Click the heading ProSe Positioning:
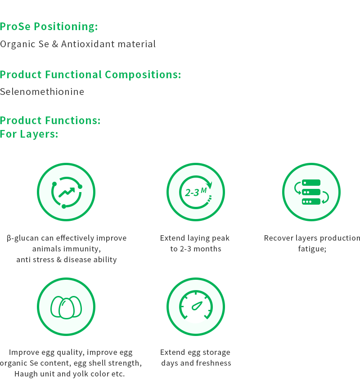coord(49,27)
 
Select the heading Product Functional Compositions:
coord(90,75)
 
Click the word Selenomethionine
coord(42,92)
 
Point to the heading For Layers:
coord(29,134)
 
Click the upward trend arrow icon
coord(67,192)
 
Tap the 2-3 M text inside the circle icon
coord(196,192)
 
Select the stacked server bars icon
coord(311,192)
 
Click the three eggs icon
coord(66,307)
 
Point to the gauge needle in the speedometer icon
coord(197,306)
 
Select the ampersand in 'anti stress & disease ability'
coord(59,260)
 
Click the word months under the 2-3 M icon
coord(207,249)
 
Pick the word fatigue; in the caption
coord(312,249)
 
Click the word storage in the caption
coord(216,353)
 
